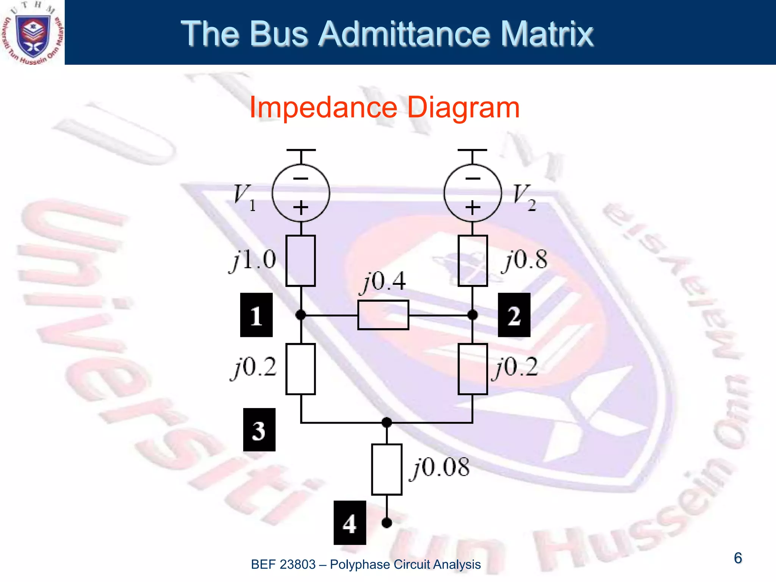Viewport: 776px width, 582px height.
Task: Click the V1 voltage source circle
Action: pyautogui.click(x=300, y=193)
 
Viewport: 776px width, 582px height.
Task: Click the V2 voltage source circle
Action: pyautogui.click(x=472, y=193)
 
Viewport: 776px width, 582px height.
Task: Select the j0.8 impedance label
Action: pyautogui.click(x=525, y=261)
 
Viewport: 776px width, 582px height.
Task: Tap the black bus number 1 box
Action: pyautogui.click(x=257, y=315)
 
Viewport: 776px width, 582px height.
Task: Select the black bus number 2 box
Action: pyautogui.click(x=514, y=315)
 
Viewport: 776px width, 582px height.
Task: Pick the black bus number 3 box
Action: pyautogui.click(x=259, y=430)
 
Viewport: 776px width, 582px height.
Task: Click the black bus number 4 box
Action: pyautogui.click(x=350, y=523)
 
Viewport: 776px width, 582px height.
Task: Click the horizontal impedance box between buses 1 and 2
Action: pyautogui.click(x=383, y=315)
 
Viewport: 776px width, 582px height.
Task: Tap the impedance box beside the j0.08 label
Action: pyautogui.click(x=386, y=469)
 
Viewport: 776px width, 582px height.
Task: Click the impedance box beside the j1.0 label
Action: pyautogui.click(x=300, y=261)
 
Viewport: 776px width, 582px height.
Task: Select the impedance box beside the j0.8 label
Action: pyautogui.click(x=472, y=261)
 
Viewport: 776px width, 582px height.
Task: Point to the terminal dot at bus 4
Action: pyautogui.click(x=386, y=523)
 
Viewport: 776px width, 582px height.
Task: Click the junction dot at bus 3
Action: pyautogui.click(x=386, y=422)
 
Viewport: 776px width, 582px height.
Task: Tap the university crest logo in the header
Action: pyautogui.click(x=33, y=33)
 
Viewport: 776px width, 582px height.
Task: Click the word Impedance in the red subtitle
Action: pyautogui.click(x=323, y=108)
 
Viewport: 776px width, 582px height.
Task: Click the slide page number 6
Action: pyautogui.click(x=738, y=558)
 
